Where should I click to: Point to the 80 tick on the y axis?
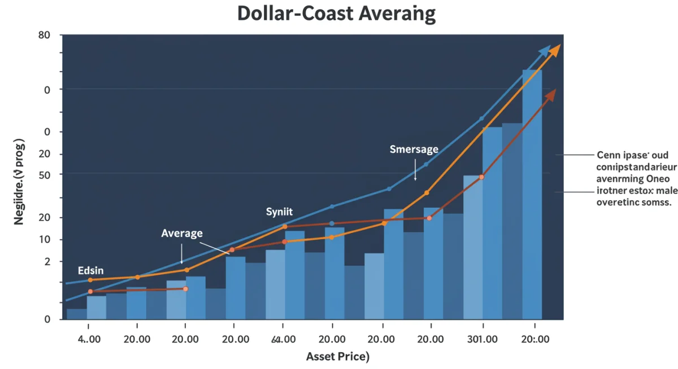44,36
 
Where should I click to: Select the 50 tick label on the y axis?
44,175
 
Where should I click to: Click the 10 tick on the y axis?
44,240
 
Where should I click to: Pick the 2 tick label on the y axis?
47,262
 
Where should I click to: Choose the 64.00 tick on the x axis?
283,340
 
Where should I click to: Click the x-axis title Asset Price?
337,357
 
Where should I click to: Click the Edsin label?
90,271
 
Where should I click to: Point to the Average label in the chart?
181,233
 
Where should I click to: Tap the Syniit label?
279,212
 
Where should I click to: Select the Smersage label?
414,150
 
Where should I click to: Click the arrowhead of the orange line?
556,49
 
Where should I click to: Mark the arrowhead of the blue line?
545,51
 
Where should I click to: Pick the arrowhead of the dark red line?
550,95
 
